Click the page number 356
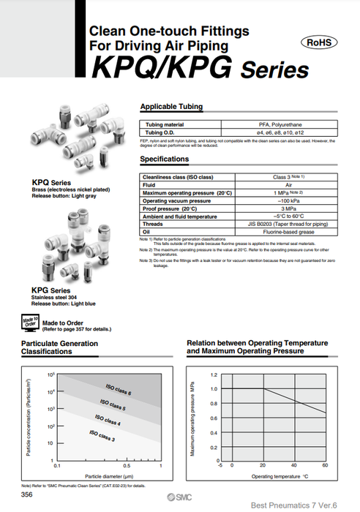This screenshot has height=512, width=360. coord(27,495)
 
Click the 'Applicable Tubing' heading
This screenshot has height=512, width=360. coord(171,108)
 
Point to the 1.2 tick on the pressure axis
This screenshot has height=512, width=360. coord(214,374)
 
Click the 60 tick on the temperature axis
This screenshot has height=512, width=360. coord(325,465)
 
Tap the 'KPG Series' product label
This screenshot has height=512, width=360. coord(51,290)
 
